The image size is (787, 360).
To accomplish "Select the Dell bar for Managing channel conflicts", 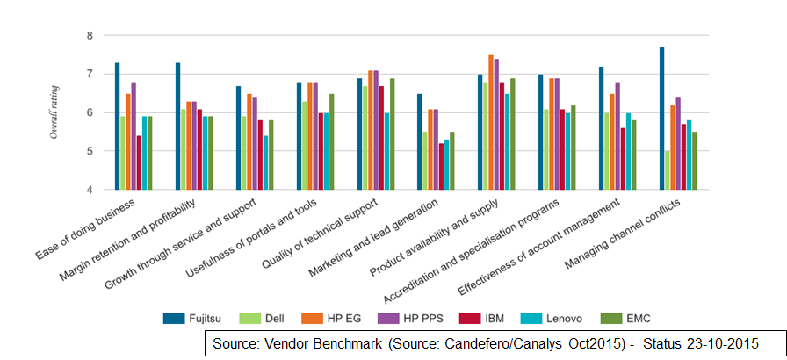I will tap(667, 170).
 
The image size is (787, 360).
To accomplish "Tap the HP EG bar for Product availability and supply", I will tap(491, 123).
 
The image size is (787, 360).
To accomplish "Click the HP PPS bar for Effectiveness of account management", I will tap(617, 136).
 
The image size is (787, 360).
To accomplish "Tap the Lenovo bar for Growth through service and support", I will tap(265, 162).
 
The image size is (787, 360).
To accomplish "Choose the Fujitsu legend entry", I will tap(193, 317).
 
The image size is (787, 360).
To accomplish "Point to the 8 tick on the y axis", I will tap(89, 35).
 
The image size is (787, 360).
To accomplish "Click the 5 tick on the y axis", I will tap(89, 151).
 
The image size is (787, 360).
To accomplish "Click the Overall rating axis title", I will tap(54, 112).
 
